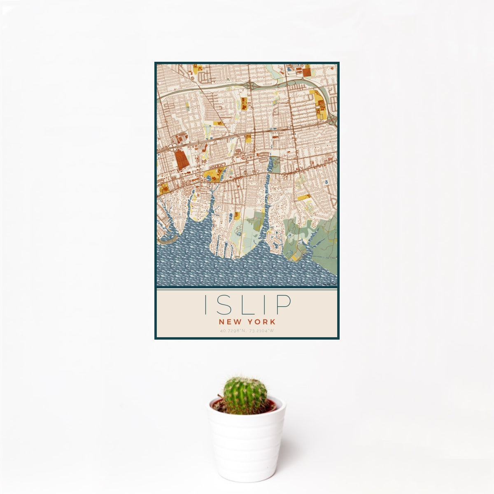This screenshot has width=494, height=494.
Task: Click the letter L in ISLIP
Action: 243,304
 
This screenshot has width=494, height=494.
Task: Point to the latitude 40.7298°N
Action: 233,331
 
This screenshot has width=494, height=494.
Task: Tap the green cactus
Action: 245,395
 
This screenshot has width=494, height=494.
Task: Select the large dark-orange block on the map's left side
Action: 181,159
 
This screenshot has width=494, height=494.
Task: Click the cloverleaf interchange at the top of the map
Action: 251,85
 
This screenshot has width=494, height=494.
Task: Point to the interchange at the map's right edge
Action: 333,120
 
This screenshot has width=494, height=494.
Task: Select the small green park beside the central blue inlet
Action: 276,165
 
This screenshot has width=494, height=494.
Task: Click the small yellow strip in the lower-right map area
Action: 305,197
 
